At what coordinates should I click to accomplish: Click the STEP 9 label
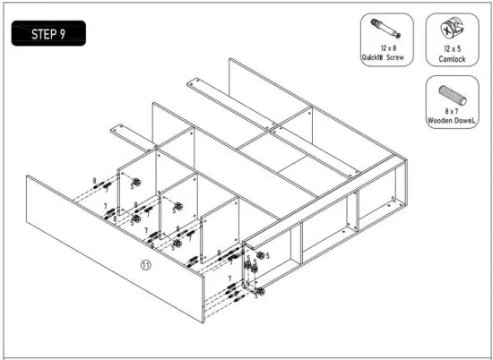tap(49, 35)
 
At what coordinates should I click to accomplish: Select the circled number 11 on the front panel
tap(146, 264)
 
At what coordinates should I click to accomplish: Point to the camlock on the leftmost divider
tap(136, 183)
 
